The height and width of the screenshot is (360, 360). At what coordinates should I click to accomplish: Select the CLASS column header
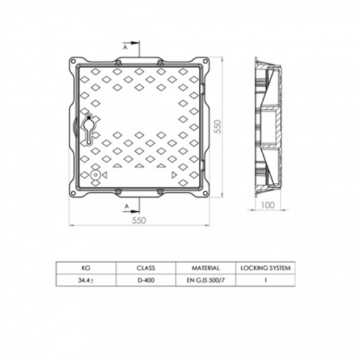point(145,268)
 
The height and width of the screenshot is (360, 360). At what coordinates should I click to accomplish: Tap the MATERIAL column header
point(205,268)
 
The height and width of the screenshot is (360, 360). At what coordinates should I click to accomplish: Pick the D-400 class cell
point(145,280)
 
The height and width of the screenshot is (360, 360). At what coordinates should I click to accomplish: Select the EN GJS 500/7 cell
point(205,280)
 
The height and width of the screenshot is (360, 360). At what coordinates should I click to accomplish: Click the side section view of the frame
point(269,127)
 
